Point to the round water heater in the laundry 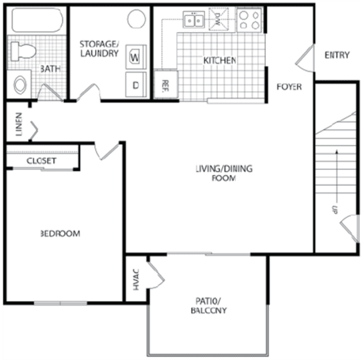[137, 19]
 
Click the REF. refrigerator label [166, 84]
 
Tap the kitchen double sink [194, 21]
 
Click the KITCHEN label [219, 61]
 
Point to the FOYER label [289, 87]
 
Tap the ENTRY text [337, 55]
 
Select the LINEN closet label [19, 125]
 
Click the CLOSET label [41, 161]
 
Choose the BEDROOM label [60, 234]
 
